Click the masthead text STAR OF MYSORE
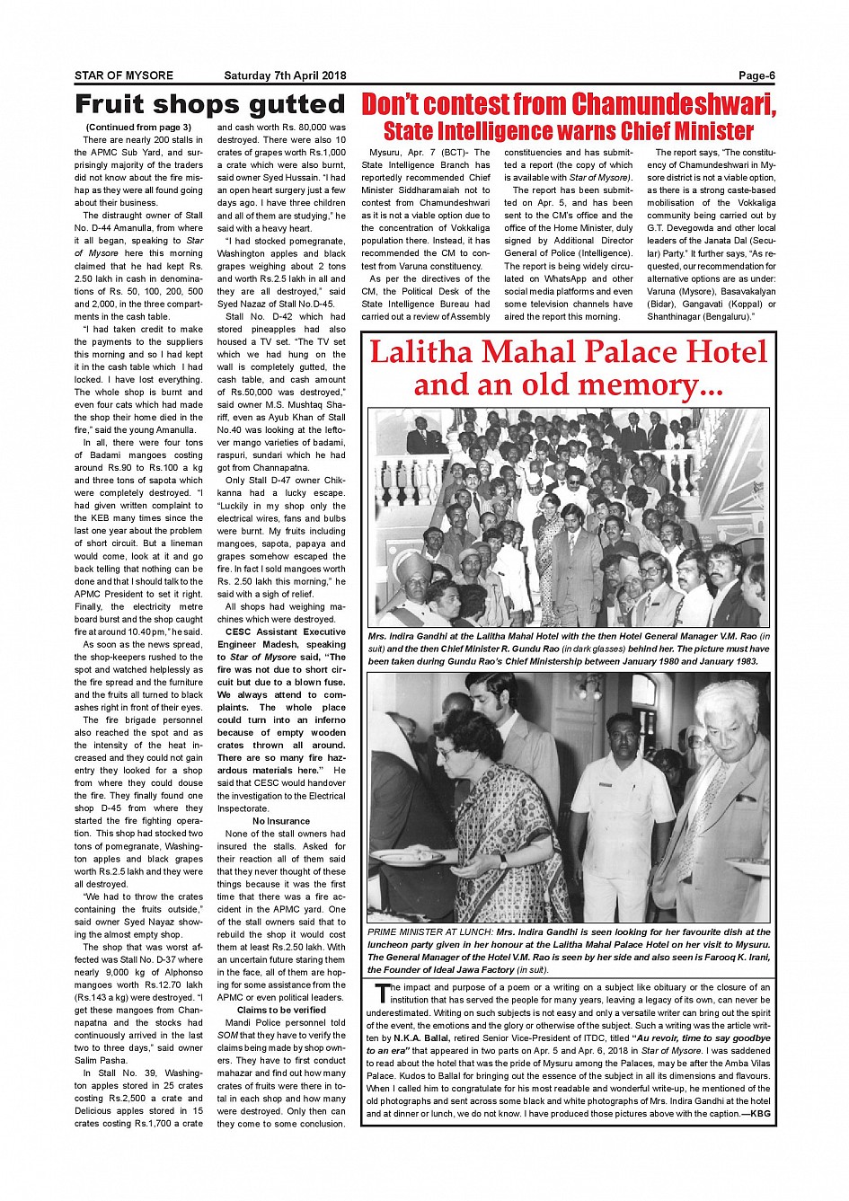(x=124, y=75)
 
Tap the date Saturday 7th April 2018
(x=285, y=75)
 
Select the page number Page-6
(x=756, y=75)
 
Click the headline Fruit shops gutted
(x=209, y=104)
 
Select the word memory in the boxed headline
(x=646, y=384)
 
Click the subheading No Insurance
(x=281, y=821)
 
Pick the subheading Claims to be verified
(x=281, y=1010)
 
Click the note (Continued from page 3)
(x=138, y=128)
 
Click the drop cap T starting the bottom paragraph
(x=382, y=992)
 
